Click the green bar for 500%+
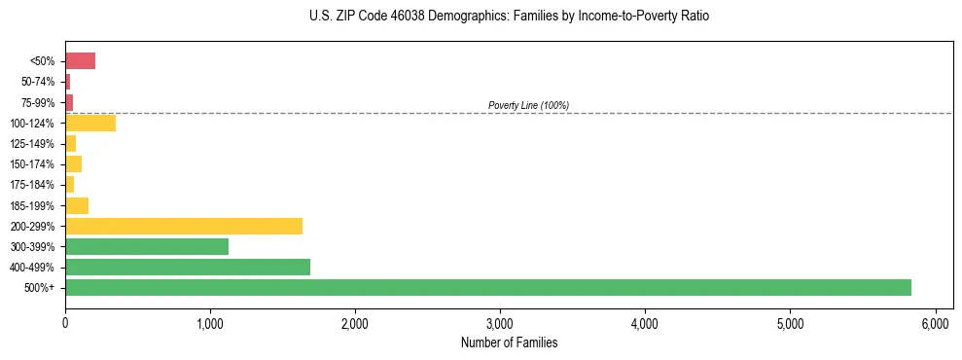[486, 288]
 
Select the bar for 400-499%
[188, 268]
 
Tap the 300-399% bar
[147, 247]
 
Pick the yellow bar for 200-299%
[184, 227]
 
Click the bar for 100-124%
[90, 124]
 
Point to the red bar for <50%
[80, 61]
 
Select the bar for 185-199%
[77, 205]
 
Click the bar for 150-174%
[74, 164]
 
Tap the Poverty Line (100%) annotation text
[528, 105]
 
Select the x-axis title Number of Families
[510, 342]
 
